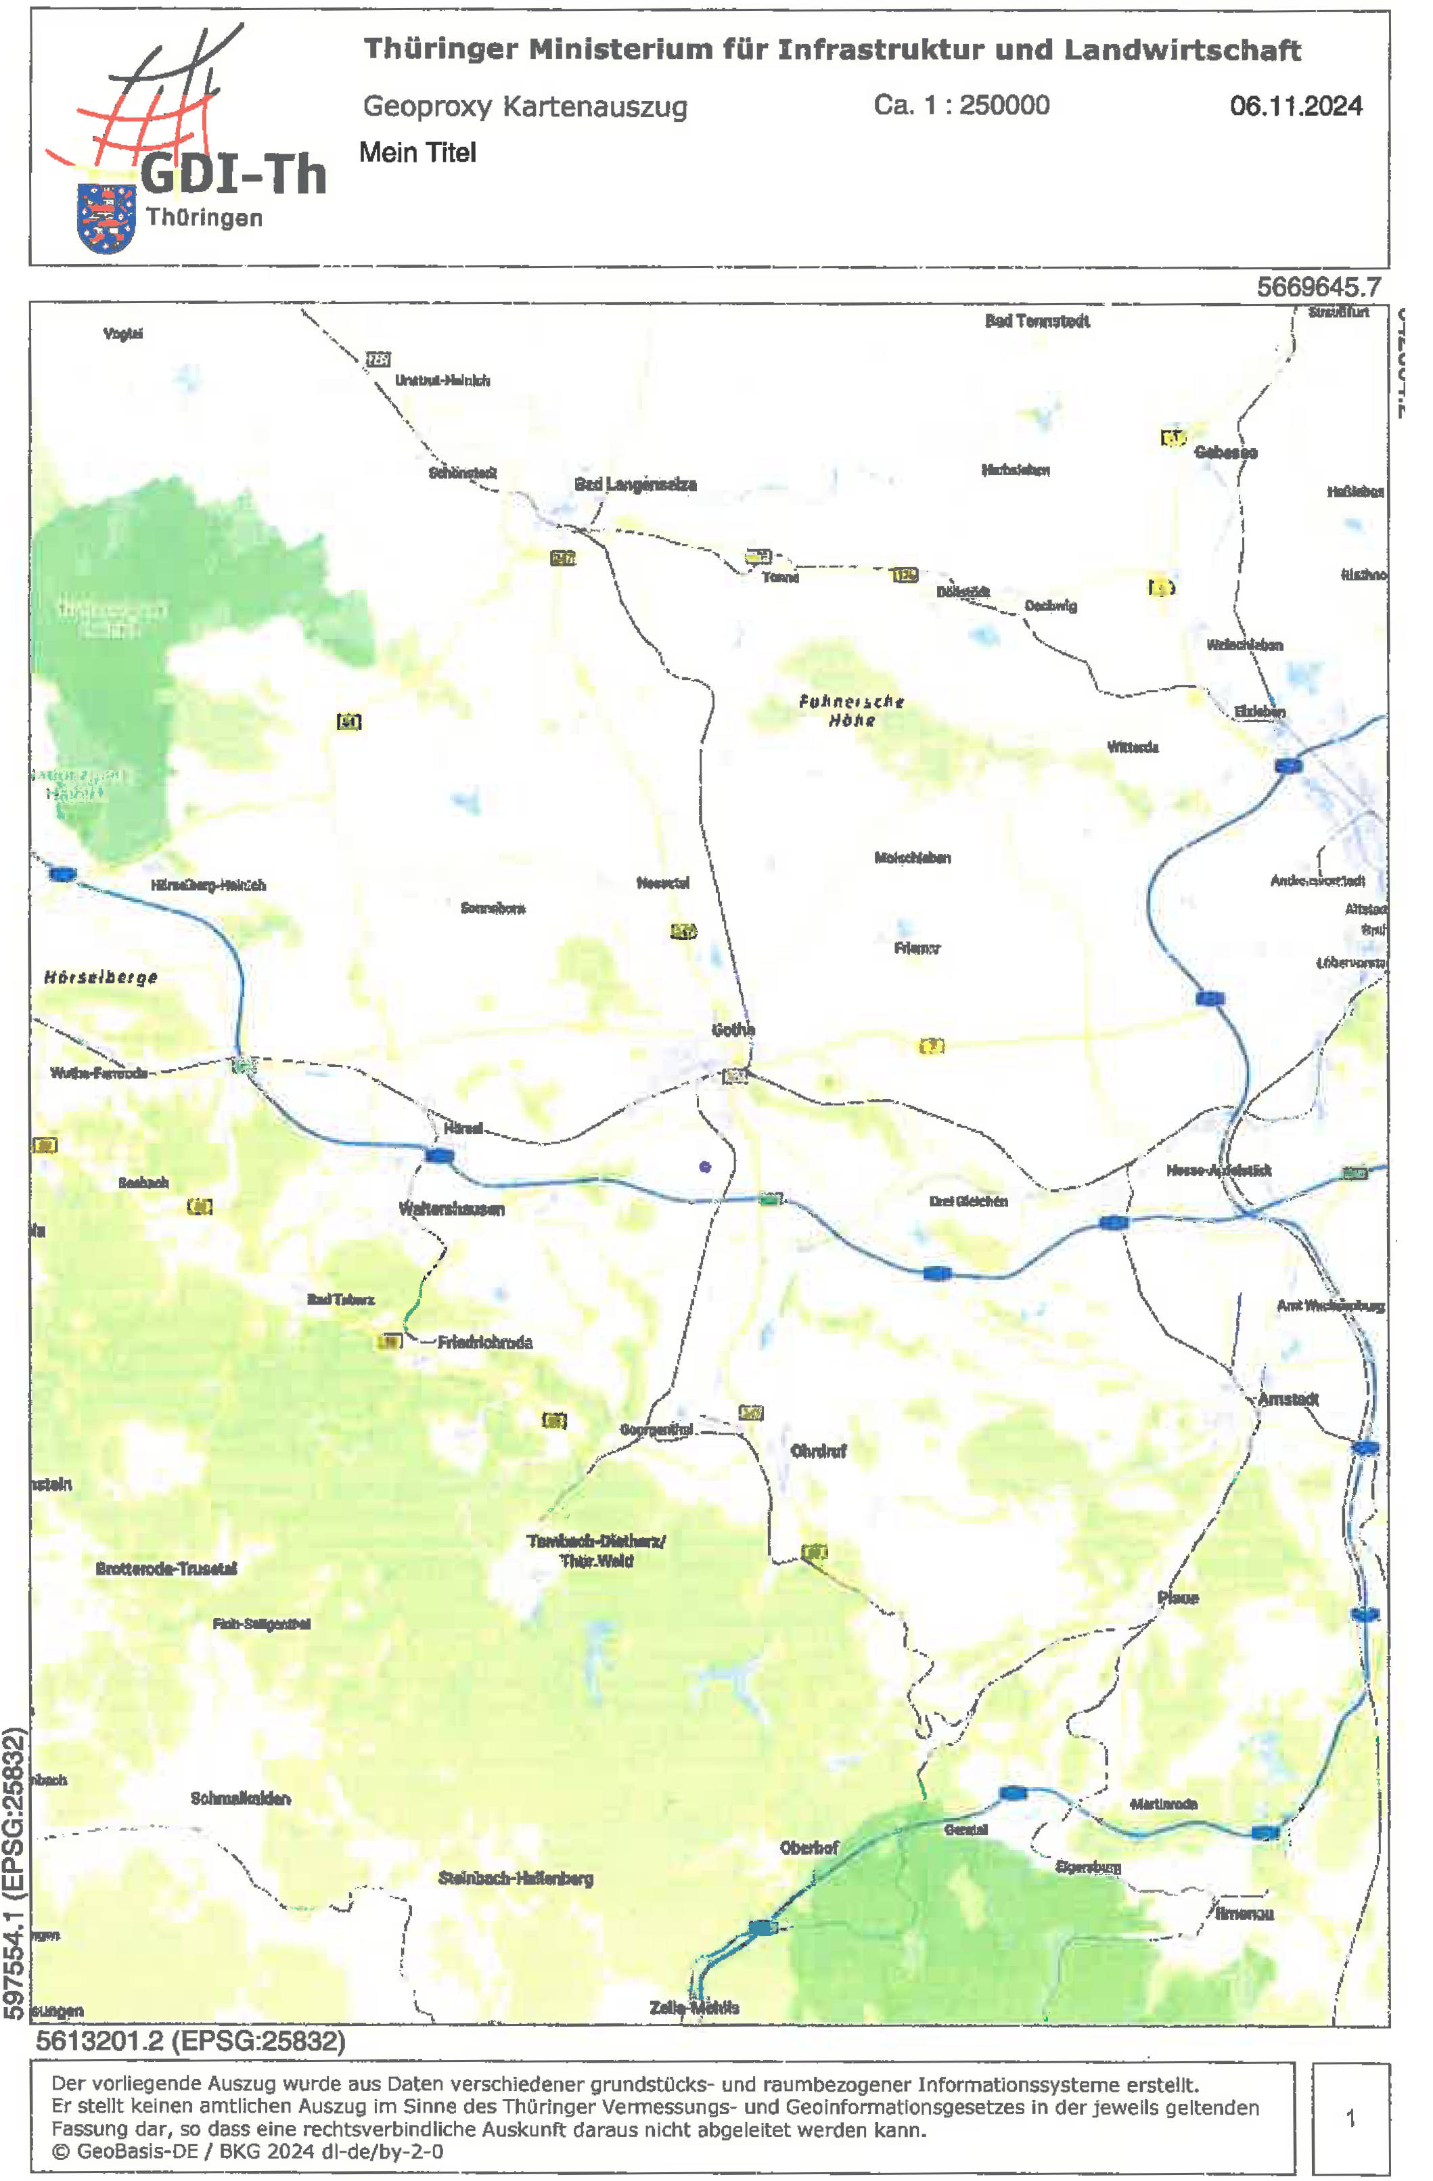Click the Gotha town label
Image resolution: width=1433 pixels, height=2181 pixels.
tap(733, 1030)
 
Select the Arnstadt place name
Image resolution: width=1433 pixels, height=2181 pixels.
tap(1288, 1399)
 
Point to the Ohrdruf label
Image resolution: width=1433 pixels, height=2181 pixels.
tap(818, 1451)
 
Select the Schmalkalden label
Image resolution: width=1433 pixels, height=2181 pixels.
tap(240, 1798)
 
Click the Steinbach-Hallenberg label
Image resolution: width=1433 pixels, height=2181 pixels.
tap(515, 1878)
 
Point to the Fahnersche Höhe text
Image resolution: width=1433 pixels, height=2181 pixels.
tap(851, 711)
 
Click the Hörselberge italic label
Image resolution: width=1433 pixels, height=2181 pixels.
tap(101, 977)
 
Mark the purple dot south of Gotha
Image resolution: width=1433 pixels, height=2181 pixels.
tap(704, 1167)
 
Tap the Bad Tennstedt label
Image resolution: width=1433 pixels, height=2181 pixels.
tap(1037, 321)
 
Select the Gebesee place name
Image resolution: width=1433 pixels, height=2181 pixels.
tap(1225, 452)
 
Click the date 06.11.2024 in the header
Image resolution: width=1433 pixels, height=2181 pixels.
tap(1296, 106)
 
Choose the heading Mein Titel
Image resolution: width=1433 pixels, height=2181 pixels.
tap(418, 152)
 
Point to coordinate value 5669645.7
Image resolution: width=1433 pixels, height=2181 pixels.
tap(1317, 287)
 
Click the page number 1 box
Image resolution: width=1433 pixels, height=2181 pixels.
tap(1350, 2118)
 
